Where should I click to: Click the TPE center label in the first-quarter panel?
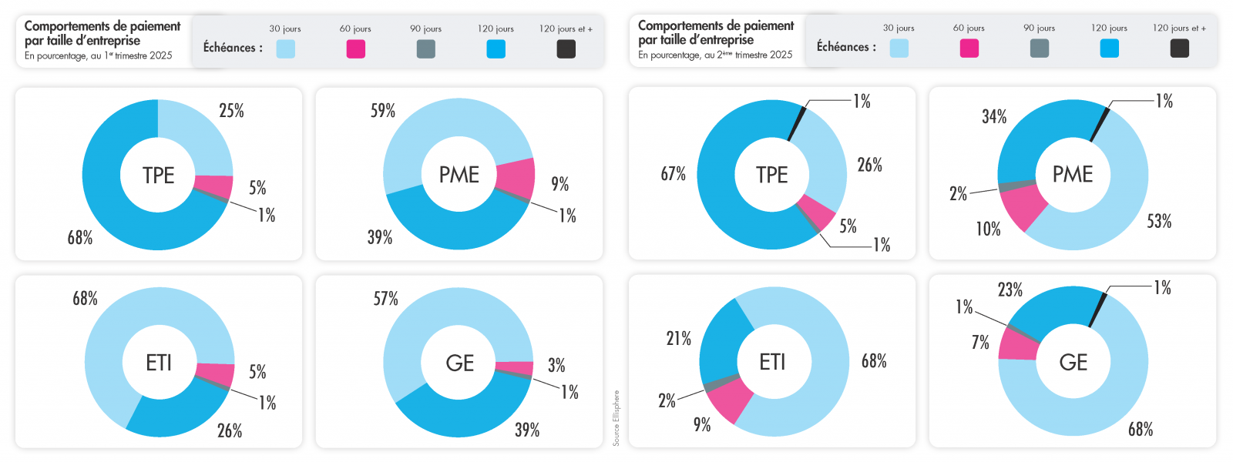point(158,176)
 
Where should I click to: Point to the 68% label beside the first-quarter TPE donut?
point(79,238)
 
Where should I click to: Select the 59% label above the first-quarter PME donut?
point(383,111)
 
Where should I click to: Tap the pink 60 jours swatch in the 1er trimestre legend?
point(355,49)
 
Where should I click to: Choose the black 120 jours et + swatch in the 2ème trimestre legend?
point(1179,49)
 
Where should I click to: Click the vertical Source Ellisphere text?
point(616,417)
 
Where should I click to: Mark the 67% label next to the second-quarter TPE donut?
point(673,174)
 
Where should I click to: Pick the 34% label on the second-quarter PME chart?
point(994,117)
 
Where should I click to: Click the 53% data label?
point(1159,222)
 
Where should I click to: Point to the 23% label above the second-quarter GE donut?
point(1010,290)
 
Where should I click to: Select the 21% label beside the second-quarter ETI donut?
point(679,339)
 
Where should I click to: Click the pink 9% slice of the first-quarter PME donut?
point(516,176)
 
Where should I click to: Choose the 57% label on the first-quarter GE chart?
point(386,299)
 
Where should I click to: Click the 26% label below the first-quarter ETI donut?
point(230,431)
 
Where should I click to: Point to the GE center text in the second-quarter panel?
point(1073,363)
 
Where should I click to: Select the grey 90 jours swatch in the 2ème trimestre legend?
point(1040,49)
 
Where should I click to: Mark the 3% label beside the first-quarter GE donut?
point(556,365)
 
